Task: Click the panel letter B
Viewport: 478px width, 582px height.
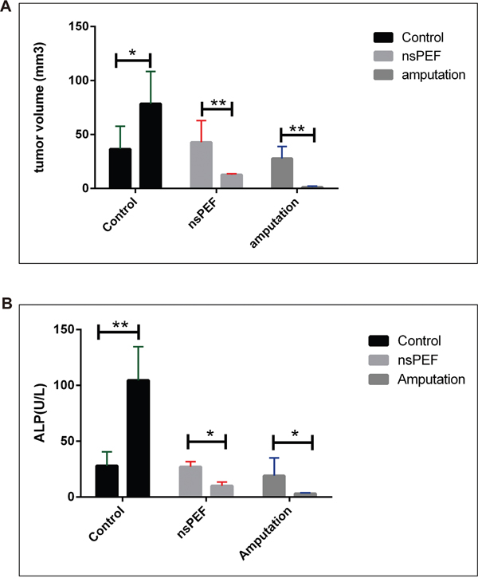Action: pos(7,305)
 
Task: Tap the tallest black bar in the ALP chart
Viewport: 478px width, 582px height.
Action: pos(139,438)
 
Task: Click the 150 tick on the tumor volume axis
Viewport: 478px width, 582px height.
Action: pos(76,26)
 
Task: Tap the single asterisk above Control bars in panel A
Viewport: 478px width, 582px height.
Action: pos(132,53)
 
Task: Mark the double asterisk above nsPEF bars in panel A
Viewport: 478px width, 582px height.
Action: pos(216,103)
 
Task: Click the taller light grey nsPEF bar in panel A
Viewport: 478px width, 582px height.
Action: pos(201,165)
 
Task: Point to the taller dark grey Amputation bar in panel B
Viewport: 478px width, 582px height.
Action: pos(274,486)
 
